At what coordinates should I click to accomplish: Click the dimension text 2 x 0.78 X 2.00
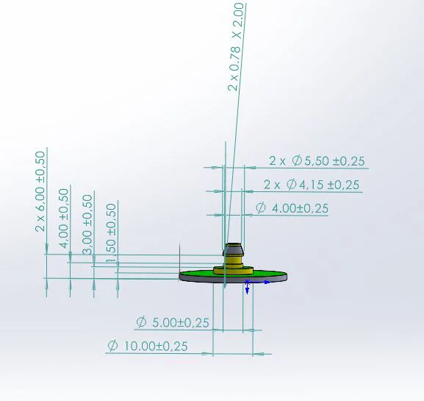[x=236, y=46]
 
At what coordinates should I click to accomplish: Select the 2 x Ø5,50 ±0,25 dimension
[x=317, y=161]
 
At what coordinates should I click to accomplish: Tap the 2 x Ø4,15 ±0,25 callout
[x=312, y=185]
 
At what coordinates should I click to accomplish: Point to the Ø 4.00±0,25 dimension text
[x=292, y=209]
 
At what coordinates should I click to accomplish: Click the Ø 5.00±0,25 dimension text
[x=173, y=322]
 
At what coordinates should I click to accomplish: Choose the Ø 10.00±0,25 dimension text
[x=147, y=346]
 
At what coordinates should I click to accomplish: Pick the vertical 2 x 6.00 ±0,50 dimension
[x=40, y=191]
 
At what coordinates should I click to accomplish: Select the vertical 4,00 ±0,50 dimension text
[x=64, y=218]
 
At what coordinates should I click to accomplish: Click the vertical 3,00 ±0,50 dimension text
[x=87, y=224]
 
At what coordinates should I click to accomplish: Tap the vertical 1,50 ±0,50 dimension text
[x=111, y=232]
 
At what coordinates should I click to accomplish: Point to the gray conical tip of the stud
[x=233, y=245]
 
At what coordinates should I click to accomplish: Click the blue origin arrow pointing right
[x=266, y=281]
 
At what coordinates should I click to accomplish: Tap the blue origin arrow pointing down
[x=248, y=289]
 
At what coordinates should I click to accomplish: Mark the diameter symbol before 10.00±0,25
[x=113, y=346]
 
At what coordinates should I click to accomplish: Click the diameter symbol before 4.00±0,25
[x=260, y=209]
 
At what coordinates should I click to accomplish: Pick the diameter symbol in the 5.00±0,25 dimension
[x=141, y=322]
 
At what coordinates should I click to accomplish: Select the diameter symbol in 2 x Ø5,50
[x=297, y=161]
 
